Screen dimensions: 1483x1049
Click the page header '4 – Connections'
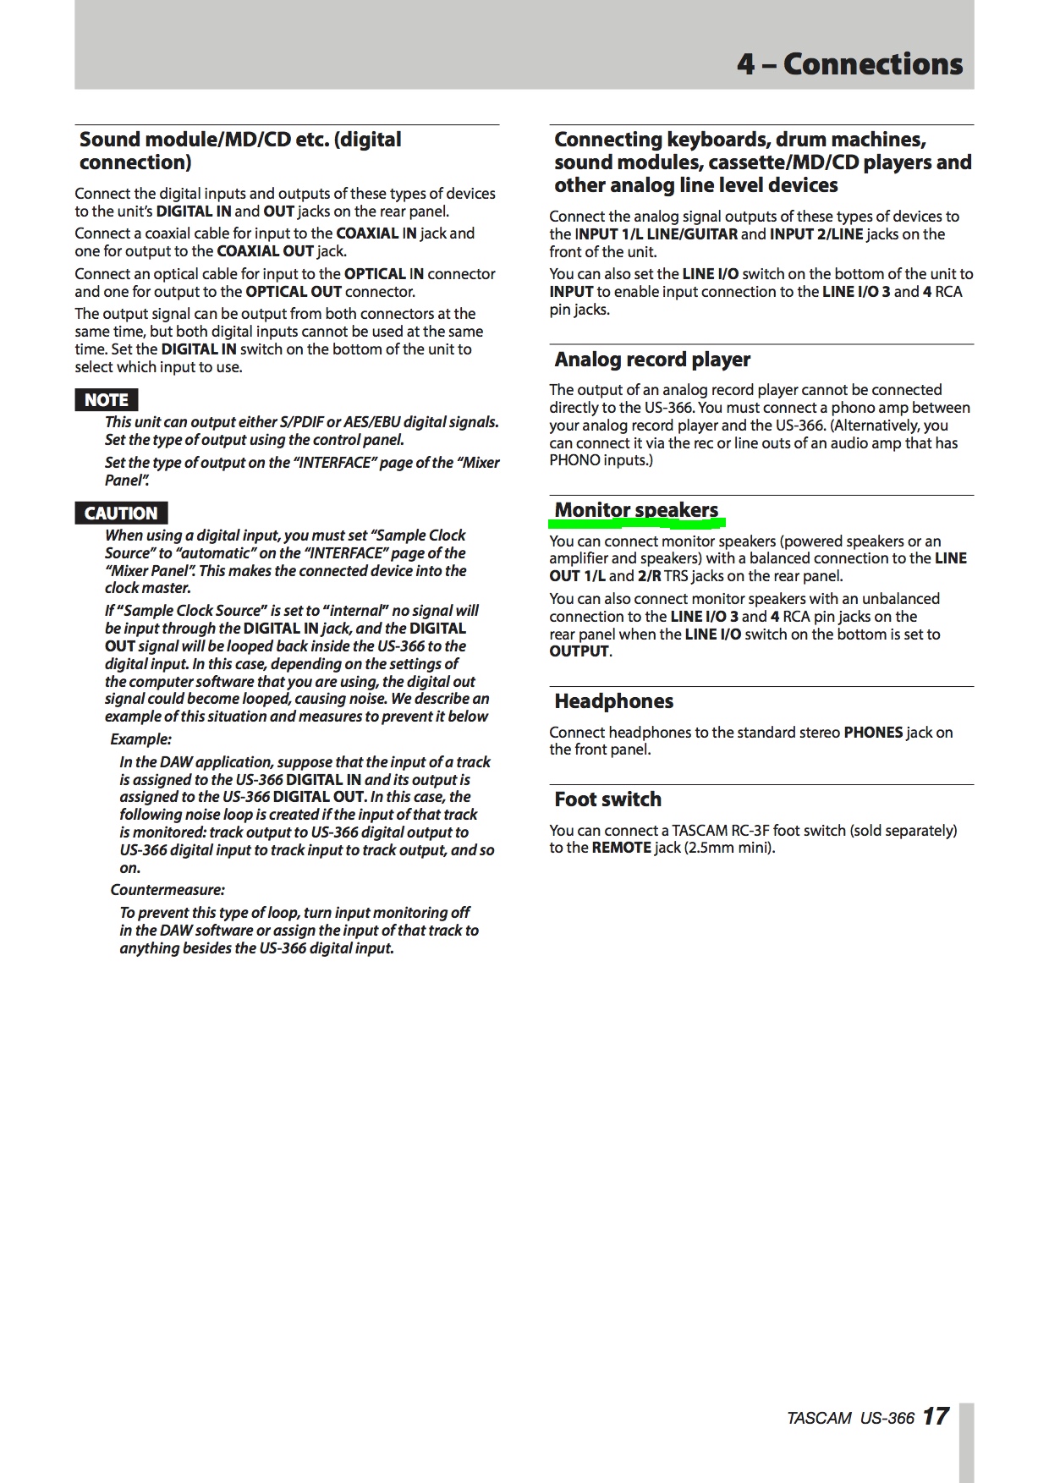tap(849, 64)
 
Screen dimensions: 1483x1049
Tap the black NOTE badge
tap(106, 400)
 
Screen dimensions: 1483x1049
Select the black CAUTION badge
tap(121, 514)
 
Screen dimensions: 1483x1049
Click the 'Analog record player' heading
tap(652, 360)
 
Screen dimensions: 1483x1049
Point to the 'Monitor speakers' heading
tap(636, 509)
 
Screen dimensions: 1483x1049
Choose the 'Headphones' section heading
tap(613, 701)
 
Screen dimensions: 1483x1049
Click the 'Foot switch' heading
tap(607, 799)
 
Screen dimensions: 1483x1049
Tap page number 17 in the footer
tap(936, 1416)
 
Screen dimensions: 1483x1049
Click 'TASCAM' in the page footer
tap(818, 1418)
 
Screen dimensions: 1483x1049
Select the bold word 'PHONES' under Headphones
tap(873, 733)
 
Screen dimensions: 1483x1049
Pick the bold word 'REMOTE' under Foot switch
tap(621, 848)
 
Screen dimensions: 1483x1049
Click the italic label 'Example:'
tap(140, 739)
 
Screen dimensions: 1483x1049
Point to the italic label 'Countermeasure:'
tap(168, 890)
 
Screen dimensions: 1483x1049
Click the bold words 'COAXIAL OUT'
tap(265, 251)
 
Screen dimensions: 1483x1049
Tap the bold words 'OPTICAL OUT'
tap(294, 292)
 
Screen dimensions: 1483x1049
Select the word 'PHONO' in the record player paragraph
tap(574, 460)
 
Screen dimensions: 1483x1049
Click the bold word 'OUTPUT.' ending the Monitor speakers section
tap(580, 651)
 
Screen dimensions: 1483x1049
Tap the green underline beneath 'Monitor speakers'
tap(636, 522)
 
